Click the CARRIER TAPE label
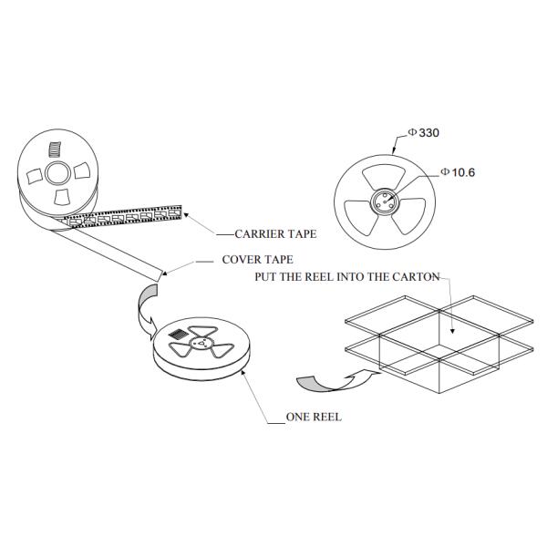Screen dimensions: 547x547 coord(275,234)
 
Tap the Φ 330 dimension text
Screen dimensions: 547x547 coord(424,133)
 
